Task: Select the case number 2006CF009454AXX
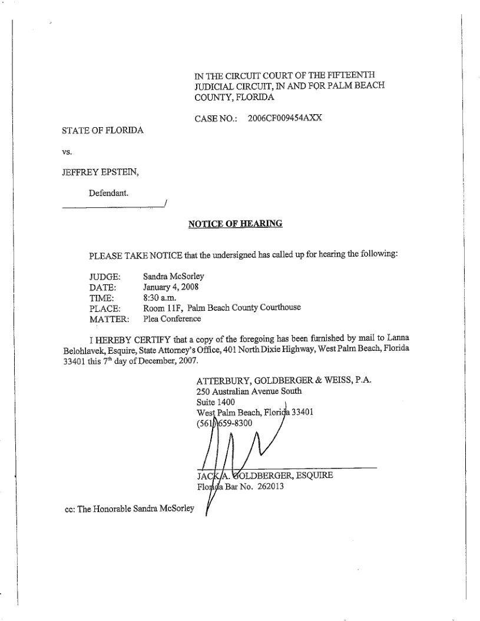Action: (285, 118)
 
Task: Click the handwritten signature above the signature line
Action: (236, 447)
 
